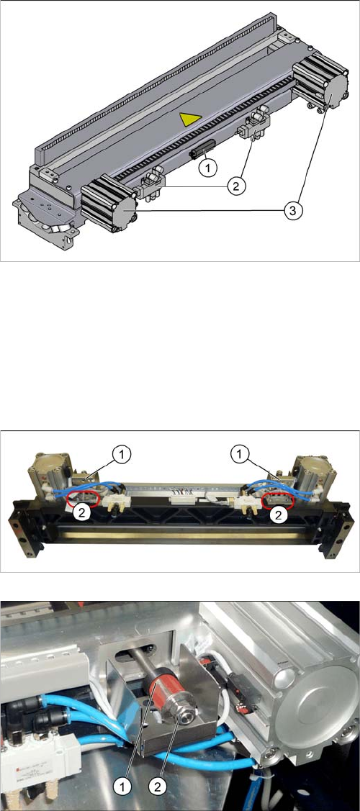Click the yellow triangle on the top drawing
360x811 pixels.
click(x=189, y=120)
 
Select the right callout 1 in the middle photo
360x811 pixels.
click(x=238, y=455)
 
